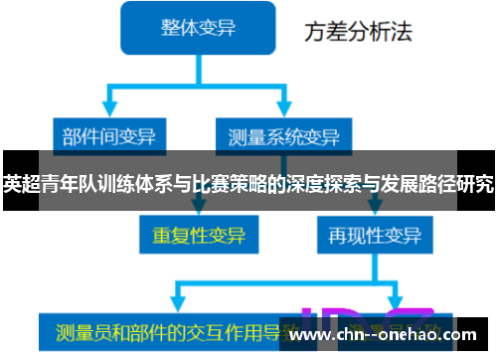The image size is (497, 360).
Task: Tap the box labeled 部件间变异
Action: [109, 135]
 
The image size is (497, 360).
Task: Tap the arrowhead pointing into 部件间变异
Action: [109, 112]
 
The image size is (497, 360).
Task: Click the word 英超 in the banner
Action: [18, 183]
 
